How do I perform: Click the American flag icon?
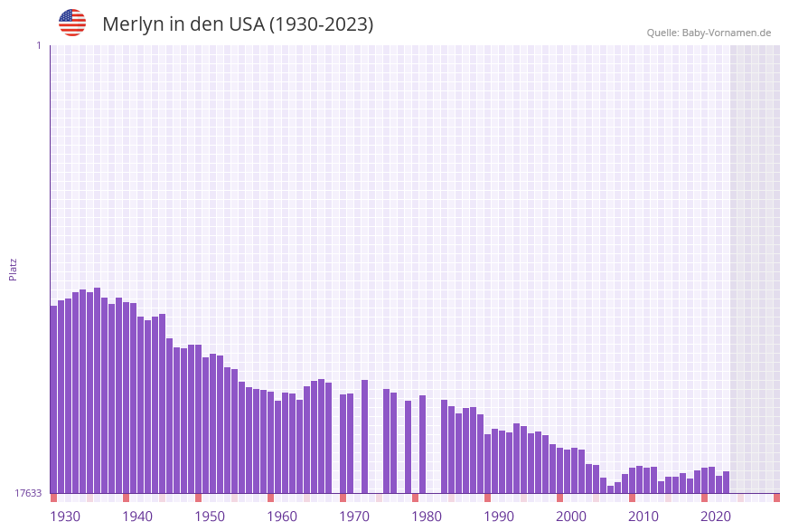tap(72, 23)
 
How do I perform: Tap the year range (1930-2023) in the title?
tap(321, 24)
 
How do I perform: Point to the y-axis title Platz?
tap(14, 269)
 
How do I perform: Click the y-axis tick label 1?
tap(38, 45)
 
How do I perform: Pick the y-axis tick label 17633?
tap(28, 493)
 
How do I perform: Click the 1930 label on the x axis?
tap(65, 517)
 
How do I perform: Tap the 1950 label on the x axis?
tap(210, 517)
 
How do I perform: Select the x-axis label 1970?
tap(354, 517)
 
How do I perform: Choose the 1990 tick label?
tap(499, 517)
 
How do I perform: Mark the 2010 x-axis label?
tap(643, 517)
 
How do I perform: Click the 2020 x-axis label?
tap(716, 517)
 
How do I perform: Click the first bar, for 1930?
tap(54, 399)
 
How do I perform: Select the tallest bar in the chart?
tap(98, 390)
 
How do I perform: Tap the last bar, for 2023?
tap(727, 482)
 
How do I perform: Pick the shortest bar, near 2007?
tap(611, 489)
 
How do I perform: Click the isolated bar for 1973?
tap(365, 436)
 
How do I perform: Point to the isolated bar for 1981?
tap(422, 444)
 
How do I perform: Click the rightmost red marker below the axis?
tap(776, 498)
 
